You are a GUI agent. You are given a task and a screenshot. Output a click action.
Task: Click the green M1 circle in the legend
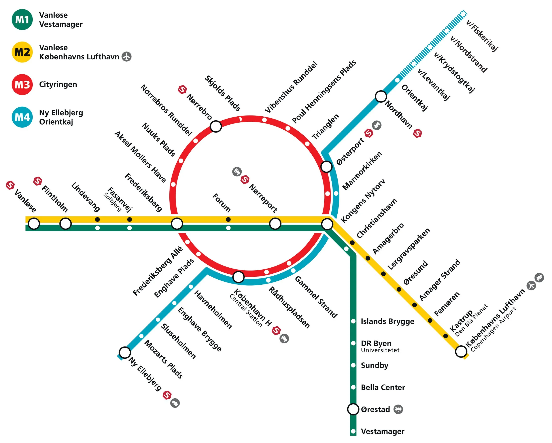coord(22,19)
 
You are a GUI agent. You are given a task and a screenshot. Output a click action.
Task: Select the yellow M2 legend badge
coord(22,52)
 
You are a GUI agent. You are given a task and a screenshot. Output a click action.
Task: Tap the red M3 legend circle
coord(22,85)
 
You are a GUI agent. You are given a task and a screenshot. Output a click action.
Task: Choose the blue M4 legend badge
coord(22,117)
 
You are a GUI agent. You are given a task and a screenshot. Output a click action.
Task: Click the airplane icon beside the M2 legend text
coord(127,57)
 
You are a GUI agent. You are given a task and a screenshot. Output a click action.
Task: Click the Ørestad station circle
coord(353,409)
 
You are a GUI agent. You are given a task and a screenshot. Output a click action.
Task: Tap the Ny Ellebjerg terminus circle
coord(125,352)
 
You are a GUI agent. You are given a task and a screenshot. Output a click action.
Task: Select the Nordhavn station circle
coord(381,96)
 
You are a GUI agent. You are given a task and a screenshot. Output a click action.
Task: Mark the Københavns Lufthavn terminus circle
coord(461,351)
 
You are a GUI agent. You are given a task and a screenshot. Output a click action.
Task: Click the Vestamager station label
coord(382,432)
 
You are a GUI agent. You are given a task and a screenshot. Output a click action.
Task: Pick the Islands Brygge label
coord(387,321)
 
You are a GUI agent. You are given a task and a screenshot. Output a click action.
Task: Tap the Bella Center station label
coord(383,387)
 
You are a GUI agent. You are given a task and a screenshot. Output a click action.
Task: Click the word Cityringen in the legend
coord(58,85)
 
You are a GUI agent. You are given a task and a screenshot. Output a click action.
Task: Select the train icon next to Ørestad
coord(398,409)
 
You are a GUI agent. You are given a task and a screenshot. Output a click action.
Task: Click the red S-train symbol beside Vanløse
coord(10,185)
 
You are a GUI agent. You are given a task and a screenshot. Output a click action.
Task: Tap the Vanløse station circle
coord(34,223)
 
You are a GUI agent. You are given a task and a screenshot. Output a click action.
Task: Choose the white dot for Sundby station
coord(353,365)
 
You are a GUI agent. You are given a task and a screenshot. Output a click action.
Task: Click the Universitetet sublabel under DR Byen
coord(380,350)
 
